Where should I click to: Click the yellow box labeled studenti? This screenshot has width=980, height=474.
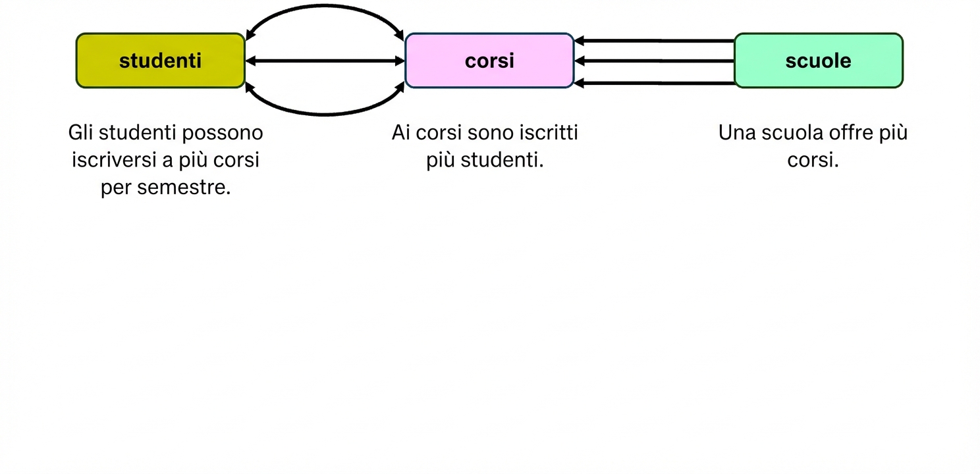tap(160, 61)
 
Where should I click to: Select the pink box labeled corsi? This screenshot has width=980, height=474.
tap(489, 61)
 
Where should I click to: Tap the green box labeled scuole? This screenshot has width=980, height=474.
tap(818, 61)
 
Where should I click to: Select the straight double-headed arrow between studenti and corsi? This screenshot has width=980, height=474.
tap(325, 61)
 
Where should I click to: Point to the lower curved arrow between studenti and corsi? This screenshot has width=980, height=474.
tap(325, 113)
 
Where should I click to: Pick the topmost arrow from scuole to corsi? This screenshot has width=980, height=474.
tap(654, 41)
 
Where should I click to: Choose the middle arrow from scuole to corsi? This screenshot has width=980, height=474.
tap(654, 61)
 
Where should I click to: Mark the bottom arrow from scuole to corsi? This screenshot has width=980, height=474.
tap(654, 83)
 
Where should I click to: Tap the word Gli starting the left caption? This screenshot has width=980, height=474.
tap(81, 133)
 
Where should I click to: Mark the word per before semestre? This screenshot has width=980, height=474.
tap(115, 188)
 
